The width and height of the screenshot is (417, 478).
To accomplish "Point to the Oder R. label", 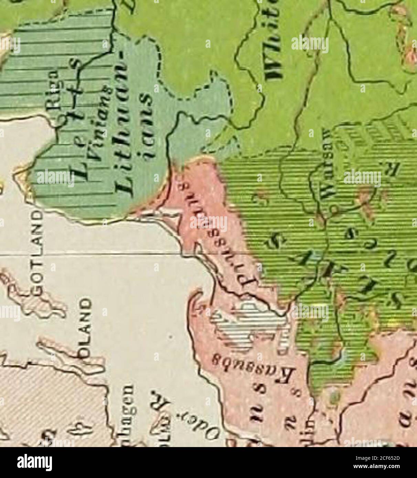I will (x=167, y=406).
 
